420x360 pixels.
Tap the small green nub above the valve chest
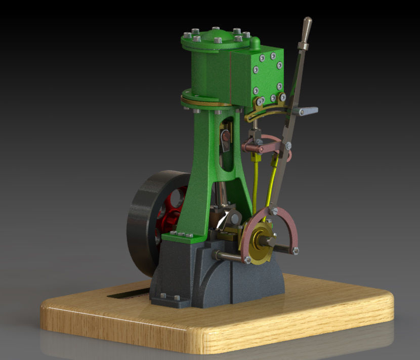point(256,42)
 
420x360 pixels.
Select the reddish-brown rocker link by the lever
point(263,147)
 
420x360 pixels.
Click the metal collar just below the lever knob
point(303,47)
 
